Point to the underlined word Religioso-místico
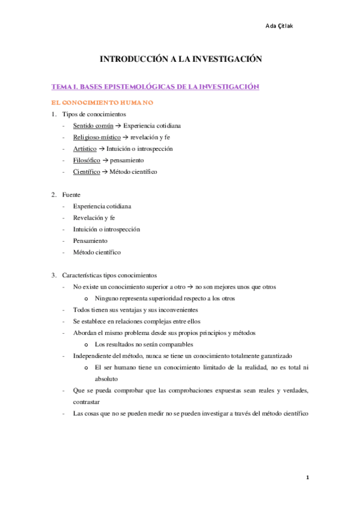(97, 137)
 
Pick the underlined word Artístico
(84, 149)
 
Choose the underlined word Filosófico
(85, 161)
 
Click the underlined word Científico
(86, 172)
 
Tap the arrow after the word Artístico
(102, 149)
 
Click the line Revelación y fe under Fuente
(94, 218)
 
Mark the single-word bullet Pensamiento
(91, 241)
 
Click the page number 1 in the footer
(307, 478)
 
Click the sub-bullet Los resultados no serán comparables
(144, 345)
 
